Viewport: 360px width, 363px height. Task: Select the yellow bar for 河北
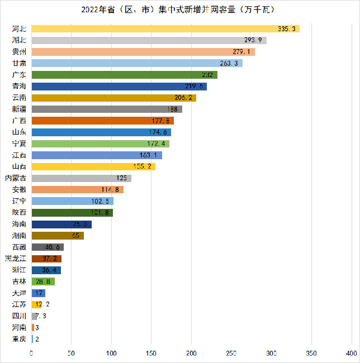[x=165, y=28]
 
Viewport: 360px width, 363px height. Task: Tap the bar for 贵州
[x=143, y=51]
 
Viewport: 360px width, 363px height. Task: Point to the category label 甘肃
[x=19, y=63]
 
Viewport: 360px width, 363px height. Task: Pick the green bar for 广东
[x=124, y=75]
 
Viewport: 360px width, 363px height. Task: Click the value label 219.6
[x=195, y=87]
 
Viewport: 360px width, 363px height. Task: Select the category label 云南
[x=19, y=98]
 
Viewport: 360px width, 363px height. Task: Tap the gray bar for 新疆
[x=107, y=109]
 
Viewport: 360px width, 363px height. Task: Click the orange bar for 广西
[x=102, y=121]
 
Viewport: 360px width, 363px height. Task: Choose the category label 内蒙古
[x=16, y=178]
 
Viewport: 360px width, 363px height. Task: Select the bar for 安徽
[x=77, y=190]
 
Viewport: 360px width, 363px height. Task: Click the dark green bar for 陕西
[x=72, y=213]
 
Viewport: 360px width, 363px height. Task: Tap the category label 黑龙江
[x=16, y=259]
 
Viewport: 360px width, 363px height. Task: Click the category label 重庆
[x=19, y=339]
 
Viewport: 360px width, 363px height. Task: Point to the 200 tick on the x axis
[x=192, y=354]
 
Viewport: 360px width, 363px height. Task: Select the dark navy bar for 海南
[x=61, y=224]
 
